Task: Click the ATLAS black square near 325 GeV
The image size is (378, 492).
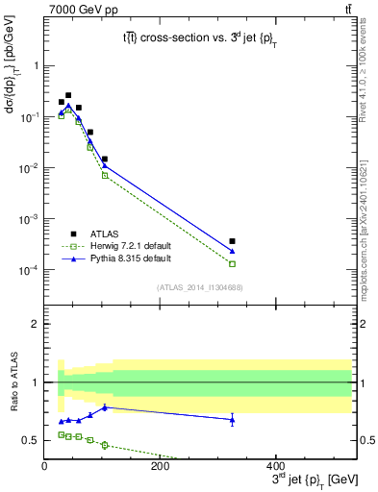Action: tap(233, 241)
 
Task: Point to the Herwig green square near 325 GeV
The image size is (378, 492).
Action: tap(233, 263)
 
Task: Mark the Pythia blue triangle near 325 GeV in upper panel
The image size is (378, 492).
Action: tap(233, 252)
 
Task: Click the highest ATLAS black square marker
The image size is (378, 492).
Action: tap(68, 95)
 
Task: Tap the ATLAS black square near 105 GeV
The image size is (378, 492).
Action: tap(105, 159)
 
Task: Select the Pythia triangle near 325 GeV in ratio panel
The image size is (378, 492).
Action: tap(233, 419)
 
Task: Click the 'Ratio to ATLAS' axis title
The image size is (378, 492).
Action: tap(13, 381)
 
